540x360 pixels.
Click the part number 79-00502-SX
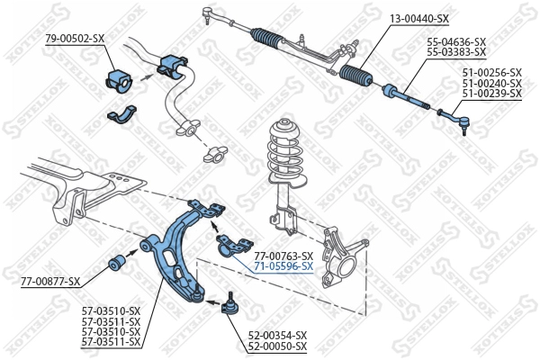pyautogui.click(x=75, y=38)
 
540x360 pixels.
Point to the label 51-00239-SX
pyautogui.click(x=491, y=93)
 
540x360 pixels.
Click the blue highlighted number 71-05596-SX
pyautogui.click(x=283, y=266)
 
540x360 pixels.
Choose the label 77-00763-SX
pyautogui.click(x=283, y=256)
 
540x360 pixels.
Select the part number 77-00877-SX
pyautogui.click(x=50, y=282)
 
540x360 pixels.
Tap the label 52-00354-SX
pyautogui.click(x=276, y=335)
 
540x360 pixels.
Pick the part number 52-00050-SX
pyautogui.click(x=276, y=346)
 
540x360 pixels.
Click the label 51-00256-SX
pyautogui.click(x=491, y=72)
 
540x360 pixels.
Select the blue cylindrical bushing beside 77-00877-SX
pyautogui.click(x=117, y=263)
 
